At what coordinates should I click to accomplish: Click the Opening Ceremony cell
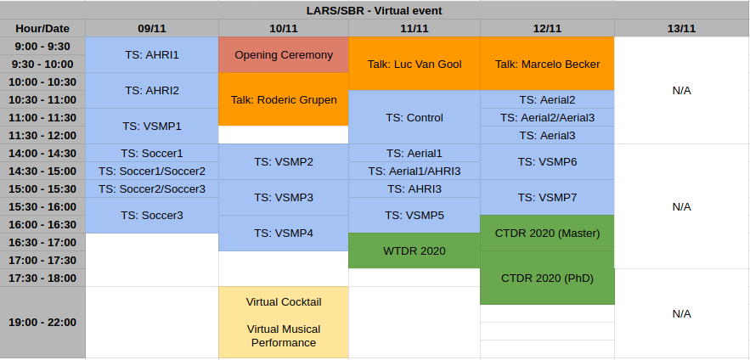tap(284, 55)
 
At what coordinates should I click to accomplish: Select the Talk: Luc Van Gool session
tap(414, 64)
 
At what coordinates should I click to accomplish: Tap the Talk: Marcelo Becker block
tap(547, 64)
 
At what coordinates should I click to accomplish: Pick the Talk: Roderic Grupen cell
tap(284, 99)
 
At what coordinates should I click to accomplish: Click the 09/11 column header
tap(152, 28)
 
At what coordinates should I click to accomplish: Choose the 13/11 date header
tap(681, 28)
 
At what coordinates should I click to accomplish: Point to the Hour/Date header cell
tap(42, 28)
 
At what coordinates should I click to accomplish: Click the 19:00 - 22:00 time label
tap(42, 323)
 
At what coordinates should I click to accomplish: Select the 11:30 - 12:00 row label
tap(42, 135)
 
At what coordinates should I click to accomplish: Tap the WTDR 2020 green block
tap(414, 250)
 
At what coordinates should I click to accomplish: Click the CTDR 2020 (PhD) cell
tap(547, 278)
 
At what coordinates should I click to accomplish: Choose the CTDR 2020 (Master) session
tap(547, 233)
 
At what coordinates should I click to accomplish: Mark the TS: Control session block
tap(414, 117)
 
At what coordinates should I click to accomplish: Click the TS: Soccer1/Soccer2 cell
tap(152, 171)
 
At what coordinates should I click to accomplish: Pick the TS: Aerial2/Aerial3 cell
tap(547, 117)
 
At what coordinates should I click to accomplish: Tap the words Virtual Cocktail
tap(284, 301)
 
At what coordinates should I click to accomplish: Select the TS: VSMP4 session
tap(284, 233)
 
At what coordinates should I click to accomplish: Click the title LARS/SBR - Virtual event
tap(374, 10)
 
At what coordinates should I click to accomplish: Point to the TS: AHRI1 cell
tap(152, 55)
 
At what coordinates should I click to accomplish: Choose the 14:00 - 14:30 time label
tap(42, 153)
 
